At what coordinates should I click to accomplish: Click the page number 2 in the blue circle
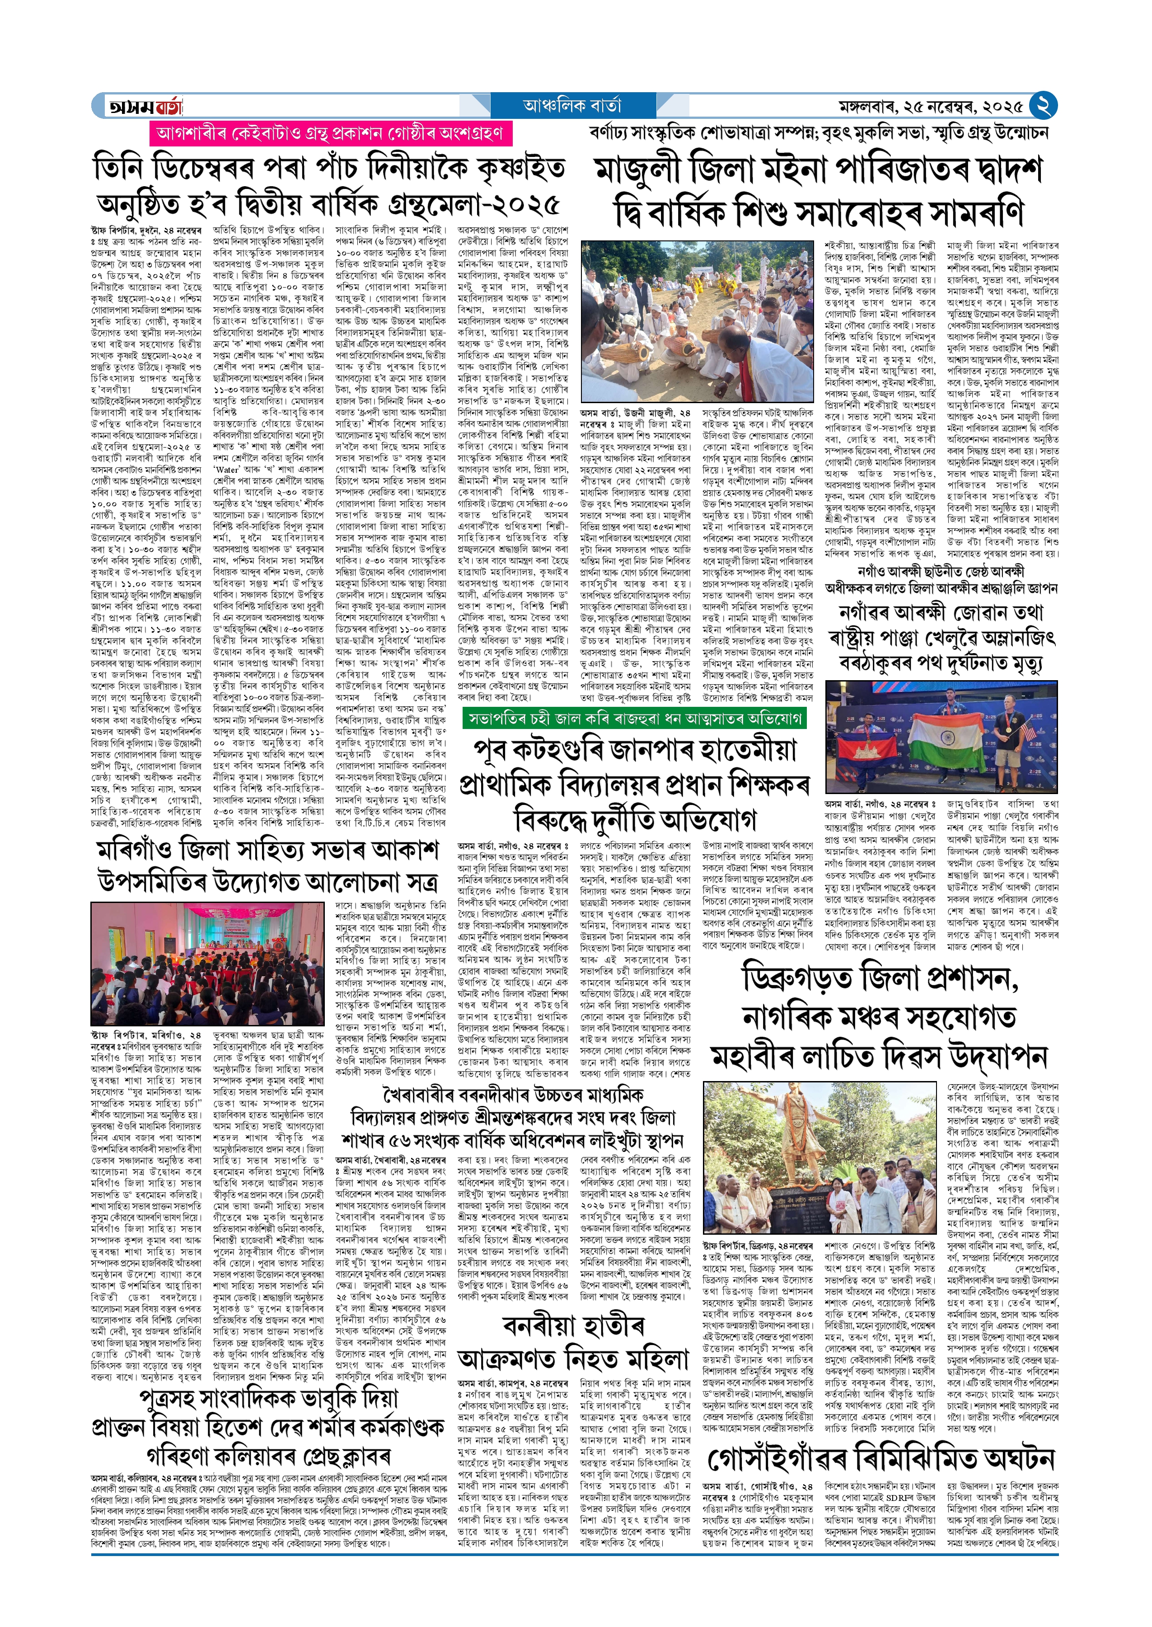click(x=1043, y=106)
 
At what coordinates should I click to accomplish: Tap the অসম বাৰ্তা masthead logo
click(x=145, y=106)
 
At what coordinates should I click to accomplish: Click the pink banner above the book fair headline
click(x=329, y=133)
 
